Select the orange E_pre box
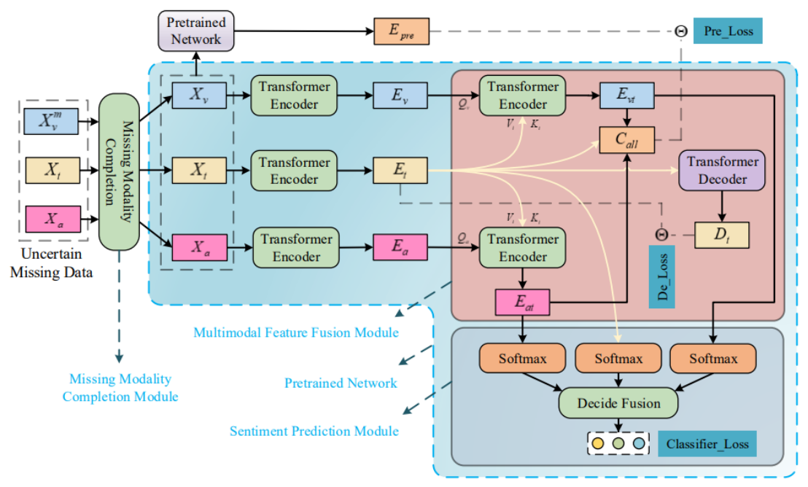401,31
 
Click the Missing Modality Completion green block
119,172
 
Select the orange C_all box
627,139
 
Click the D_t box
722,235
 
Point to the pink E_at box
523,302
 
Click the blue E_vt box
627,96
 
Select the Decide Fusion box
618,402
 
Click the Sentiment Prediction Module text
314,431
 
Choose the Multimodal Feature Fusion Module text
296,332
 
